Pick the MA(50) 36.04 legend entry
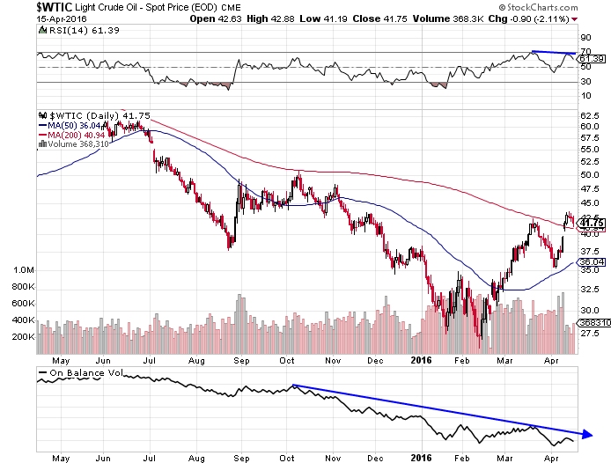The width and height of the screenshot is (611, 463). tap(74, 125)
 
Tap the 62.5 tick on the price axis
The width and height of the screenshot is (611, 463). tap(589, 115)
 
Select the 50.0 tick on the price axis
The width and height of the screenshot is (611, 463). tap(589, 174)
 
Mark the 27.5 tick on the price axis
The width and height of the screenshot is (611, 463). tap(589, 333)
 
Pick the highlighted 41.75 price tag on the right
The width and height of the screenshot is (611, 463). tap(590, 224)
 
